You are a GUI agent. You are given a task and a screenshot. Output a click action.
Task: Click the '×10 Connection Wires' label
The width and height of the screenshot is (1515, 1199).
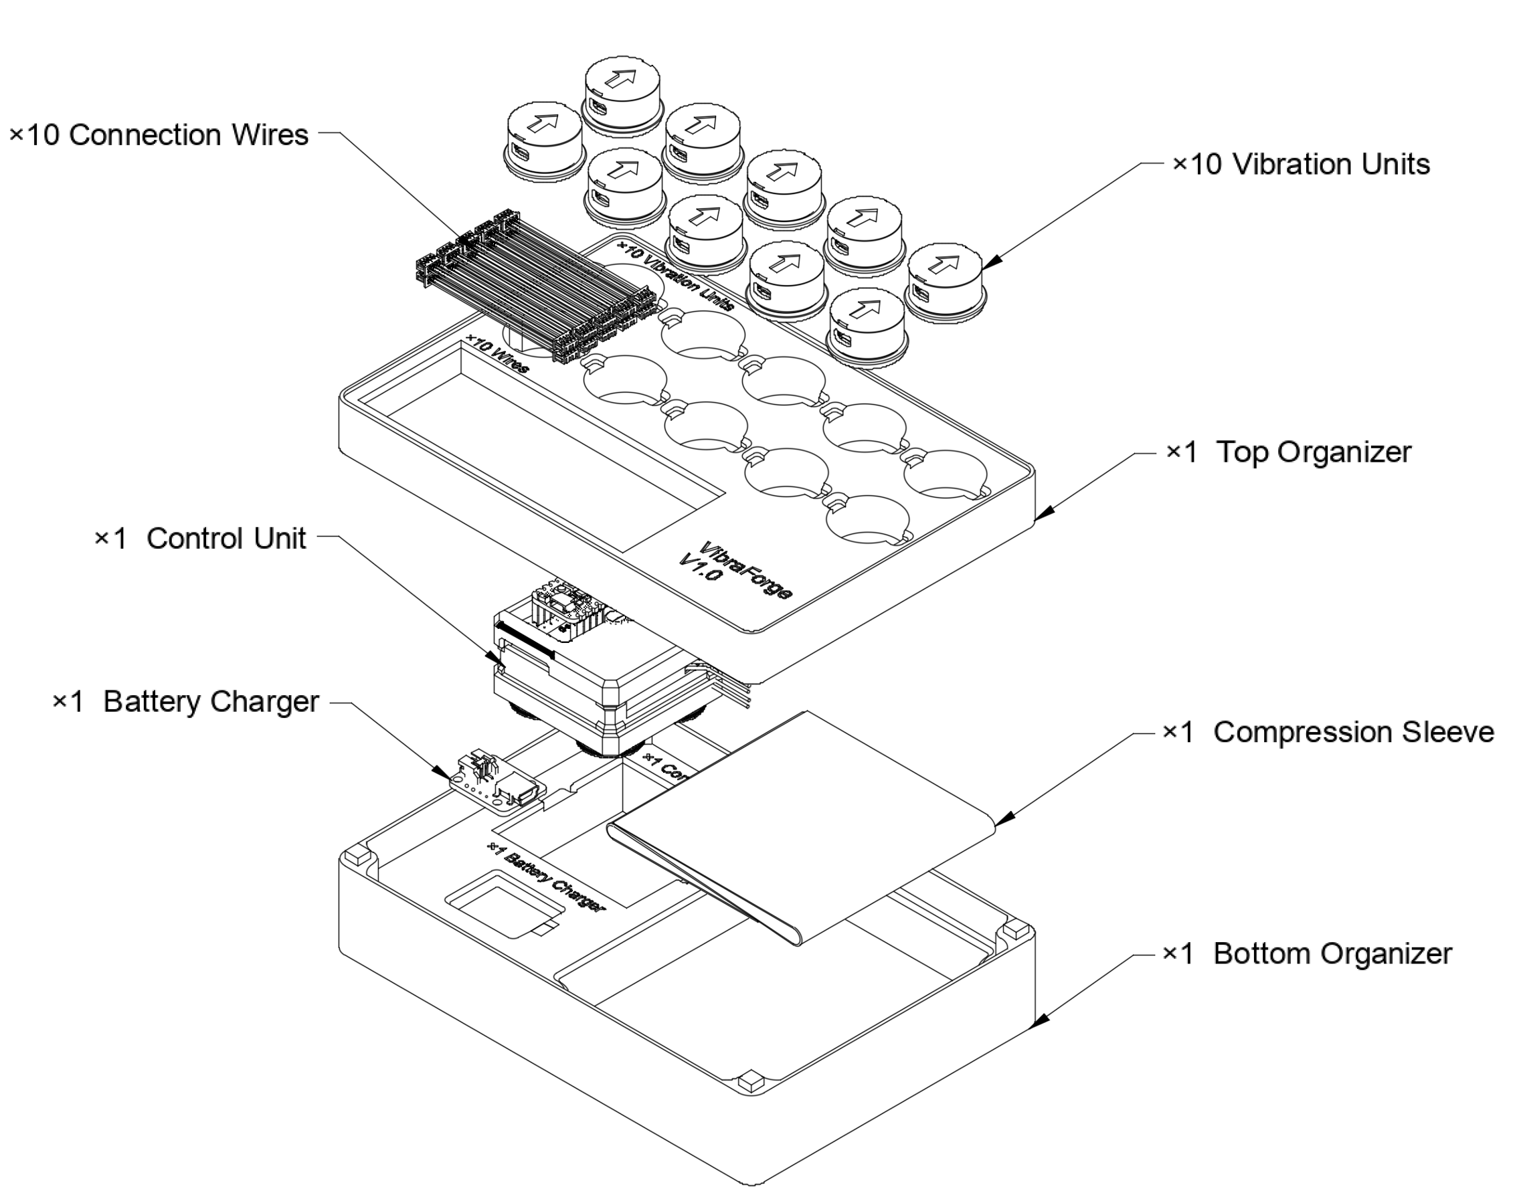click(159, 134)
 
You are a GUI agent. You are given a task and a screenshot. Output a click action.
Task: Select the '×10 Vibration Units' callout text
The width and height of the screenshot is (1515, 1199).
click(1301, 165)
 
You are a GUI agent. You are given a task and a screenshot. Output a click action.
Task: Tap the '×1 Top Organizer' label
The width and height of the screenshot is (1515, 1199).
click(1288, 452)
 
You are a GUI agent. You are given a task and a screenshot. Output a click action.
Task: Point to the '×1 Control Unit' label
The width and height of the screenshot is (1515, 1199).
click(200, 539)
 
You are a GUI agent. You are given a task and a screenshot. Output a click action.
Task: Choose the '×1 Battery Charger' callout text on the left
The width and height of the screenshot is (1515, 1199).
click(186, 701)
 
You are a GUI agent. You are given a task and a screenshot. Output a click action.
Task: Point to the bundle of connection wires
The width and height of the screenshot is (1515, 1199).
click(537, 284)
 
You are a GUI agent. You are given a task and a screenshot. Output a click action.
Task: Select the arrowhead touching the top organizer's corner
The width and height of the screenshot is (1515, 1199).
click(1043, 514)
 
